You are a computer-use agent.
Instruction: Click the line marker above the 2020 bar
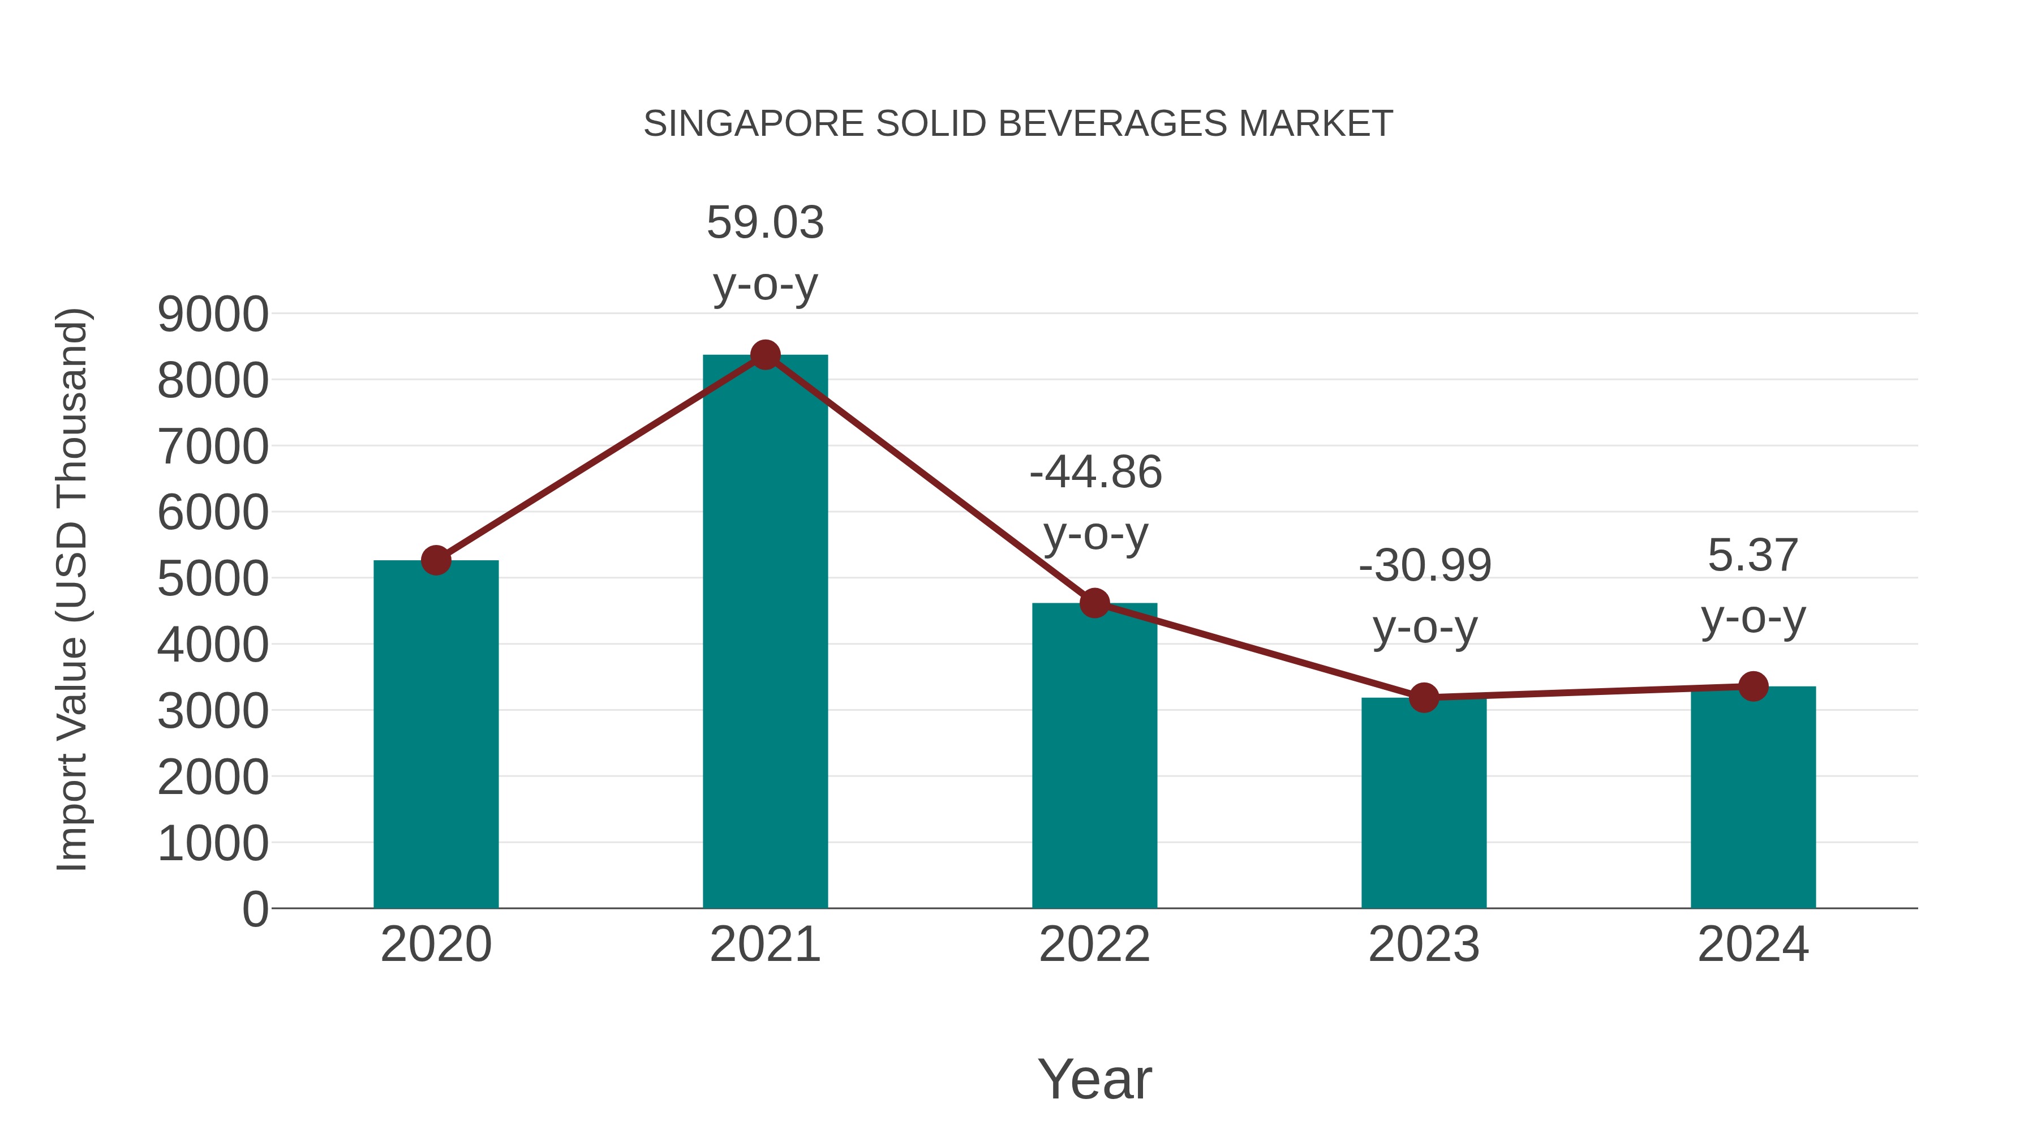pyautogui.click(x=436, y=560)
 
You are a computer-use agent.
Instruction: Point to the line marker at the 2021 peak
pyautogui.click(x=764, y=355)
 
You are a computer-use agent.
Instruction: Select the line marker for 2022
pyautogui.click(x=1094, y=603)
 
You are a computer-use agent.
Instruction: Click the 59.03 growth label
pyautogui.click(x=764, y=223)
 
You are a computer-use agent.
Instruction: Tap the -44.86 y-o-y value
pyautogui.click(x=1095, y=473)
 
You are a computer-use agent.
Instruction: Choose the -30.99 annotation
pyautogui.click(x=1424, y=566)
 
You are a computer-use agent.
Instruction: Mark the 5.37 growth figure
pyautogui.click(x=1753, y=556)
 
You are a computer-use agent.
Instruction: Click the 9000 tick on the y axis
pyautogui.click(x=213, y=315)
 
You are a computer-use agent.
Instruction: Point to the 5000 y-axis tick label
pyautogui.click(x=213, y=579)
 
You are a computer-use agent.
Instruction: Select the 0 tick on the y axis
pyautogui.click(x=255, y=909)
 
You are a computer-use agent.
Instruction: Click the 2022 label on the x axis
pyautogui.click(x=1094, y=945)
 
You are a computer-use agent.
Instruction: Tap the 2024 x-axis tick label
pyautogui.click(x=1753, y=945)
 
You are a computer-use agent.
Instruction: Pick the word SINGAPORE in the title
pyautogui.click(x=754, y=124)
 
